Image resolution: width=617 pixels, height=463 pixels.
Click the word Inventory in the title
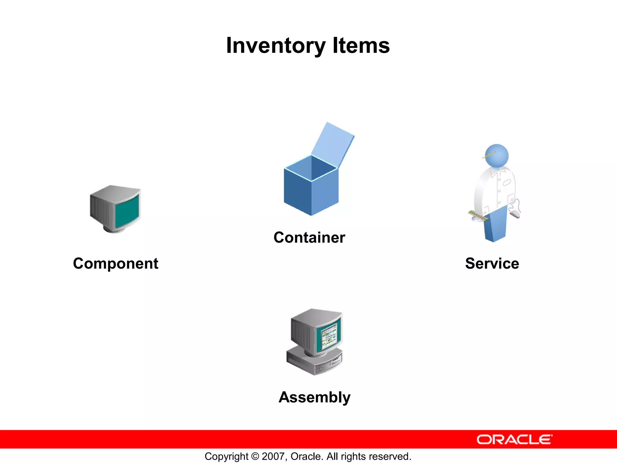tap(276, 46)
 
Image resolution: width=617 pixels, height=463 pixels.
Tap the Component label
tap(115, 263)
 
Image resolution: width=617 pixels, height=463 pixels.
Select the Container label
tap(309, 238)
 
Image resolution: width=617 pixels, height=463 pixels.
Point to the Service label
tap(492, 263)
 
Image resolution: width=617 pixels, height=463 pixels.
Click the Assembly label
tap(315, 397)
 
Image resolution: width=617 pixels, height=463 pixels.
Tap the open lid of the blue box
tap(333, 145)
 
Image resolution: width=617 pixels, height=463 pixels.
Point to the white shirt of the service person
tap(494, 190)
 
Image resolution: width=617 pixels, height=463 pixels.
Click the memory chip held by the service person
tap(479, 216)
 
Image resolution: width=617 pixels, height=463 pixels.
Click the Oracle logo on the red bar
tap(514, 439)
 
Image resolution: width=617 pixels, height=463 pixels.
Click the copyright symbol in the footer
tap(255, 456)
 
